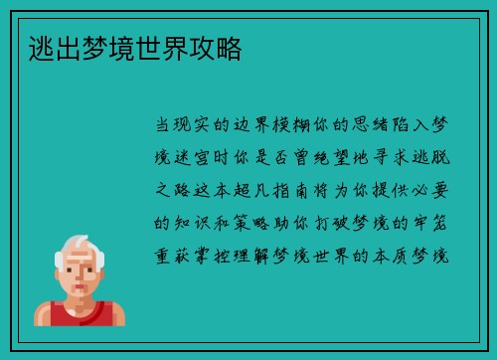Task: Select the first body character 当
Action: coord(162,126)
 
